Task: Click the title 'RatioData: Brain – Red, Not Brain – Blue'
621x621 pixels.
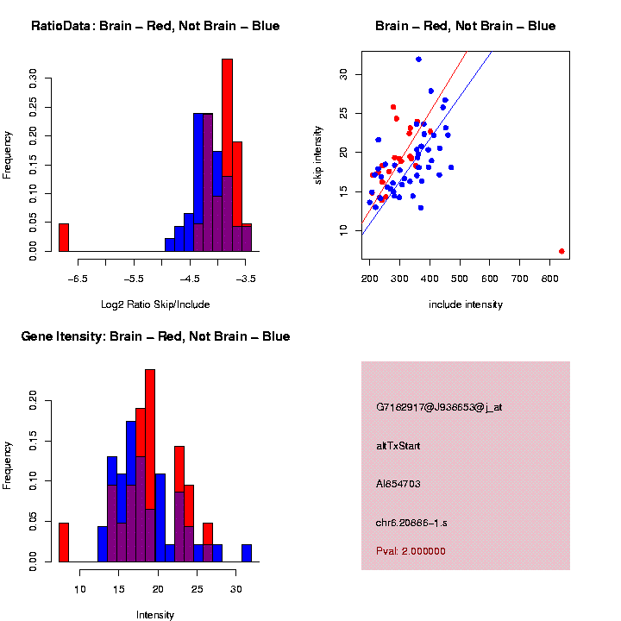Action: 155,27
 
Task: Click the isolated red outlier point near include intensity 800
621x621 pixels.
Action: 561,251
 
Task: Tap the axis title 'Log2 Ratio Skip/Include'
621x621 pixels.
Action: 155,304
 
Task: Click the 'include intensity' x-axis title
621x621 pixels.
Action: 466,304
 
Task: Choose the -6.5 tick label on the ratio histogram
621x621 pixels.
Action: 78,279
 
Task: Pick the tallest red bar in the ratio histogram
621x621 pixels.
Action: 227,155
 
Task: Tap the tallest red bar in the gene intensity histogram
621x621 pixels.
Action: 150,466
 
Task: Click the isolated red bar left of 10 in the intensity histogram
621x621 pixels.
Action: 63,543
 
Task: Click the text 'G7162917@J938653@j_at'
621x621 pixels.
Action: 439,407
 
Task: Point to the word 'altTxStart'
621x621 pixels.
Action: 398,446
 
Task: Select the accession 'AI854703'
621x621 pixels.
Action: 398,484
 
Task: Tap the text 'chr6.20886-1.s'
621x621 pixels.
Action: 411,523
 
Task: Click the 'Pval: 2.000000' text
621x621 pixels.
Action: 411,551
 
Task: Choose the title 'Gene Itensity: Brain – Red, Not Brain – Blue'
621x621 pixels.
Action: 155,336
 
